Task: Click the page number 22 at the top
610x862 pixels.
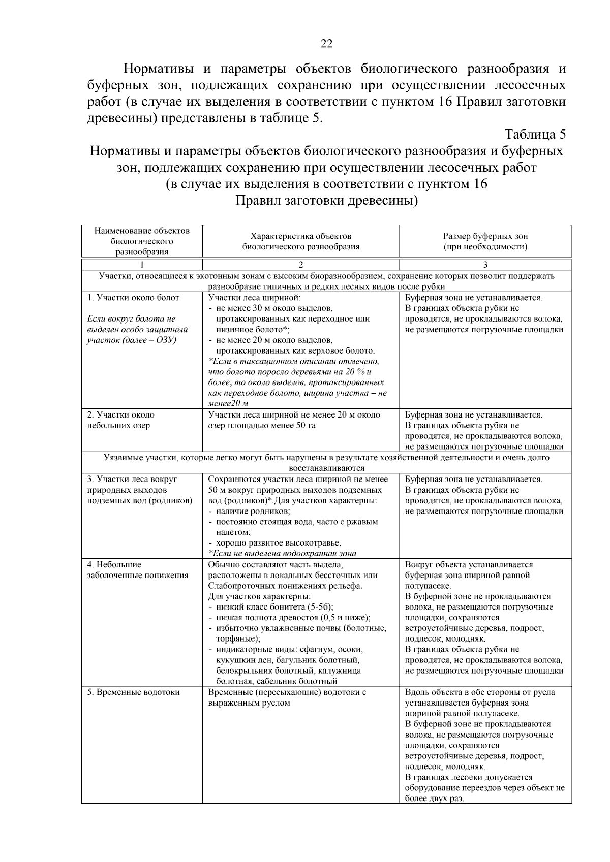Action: [x=326, y=44]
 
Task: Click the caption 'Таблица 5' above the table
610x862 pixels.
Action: [x=535, y=135]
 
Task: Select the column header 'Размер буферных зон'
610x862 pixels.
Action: [x=485, y=236]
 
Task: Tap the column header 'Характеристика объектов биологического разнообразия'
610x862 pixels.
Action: [x=301, y=241]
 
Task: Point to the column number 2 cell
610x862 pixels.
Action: [x=301, y=265]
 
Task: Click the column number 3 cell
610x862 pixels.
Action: [x=485, y=265]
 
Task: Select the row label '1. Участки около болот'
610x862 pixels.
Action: [x=133, y=298]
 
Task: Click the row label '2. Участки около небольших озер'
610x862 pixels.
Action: [x=121, y=420]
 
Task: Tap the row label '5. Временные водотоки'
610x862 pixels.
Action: [x=133, y=692]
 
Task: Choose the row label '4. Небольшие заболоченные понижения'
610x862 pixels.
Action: [x=137, y=570]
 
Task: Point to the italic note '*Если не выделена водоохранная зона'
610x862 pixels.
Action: [x=282, y=554]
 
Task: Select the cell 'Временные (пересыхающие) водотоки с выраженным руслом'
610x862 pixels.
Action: [x=287, y=697]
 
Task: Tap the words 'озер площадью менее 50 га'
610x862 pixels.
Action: [x=262, y=426]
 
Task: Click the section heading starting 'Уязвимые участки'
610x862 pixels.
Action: [x=326, y=463]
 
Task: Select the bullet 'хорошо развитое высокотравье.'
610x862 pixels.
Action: [x=279, y=543]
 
